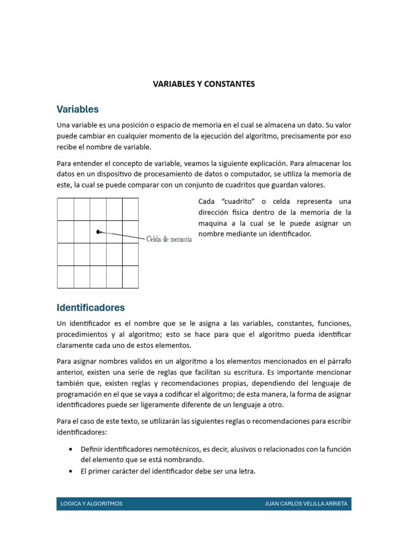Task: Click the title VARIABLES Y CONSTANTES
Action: click(204, 84)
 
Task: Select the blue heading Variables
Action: click(78, 109)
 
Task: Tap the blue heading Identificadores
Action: click(90, 308)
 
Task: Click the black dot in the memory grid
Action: click(98, 232)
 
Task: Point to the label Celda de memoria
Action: click(169, 240)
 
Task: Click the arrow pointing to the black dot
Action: click(122, 235)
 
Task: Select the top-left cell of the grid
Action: click(65, 209)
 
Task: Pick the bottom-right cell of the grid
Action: click(130, 277)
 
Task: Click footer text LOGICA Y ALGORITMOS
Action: click(91, 504)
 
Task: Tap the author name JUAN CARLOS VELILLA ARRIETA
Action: click(306, 504)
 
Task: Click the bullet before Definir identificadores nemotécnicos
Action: click(71, 449)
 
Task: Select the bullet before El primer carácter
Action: click(71, 471)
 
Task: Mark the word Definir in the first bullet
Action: click(91, 449)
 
